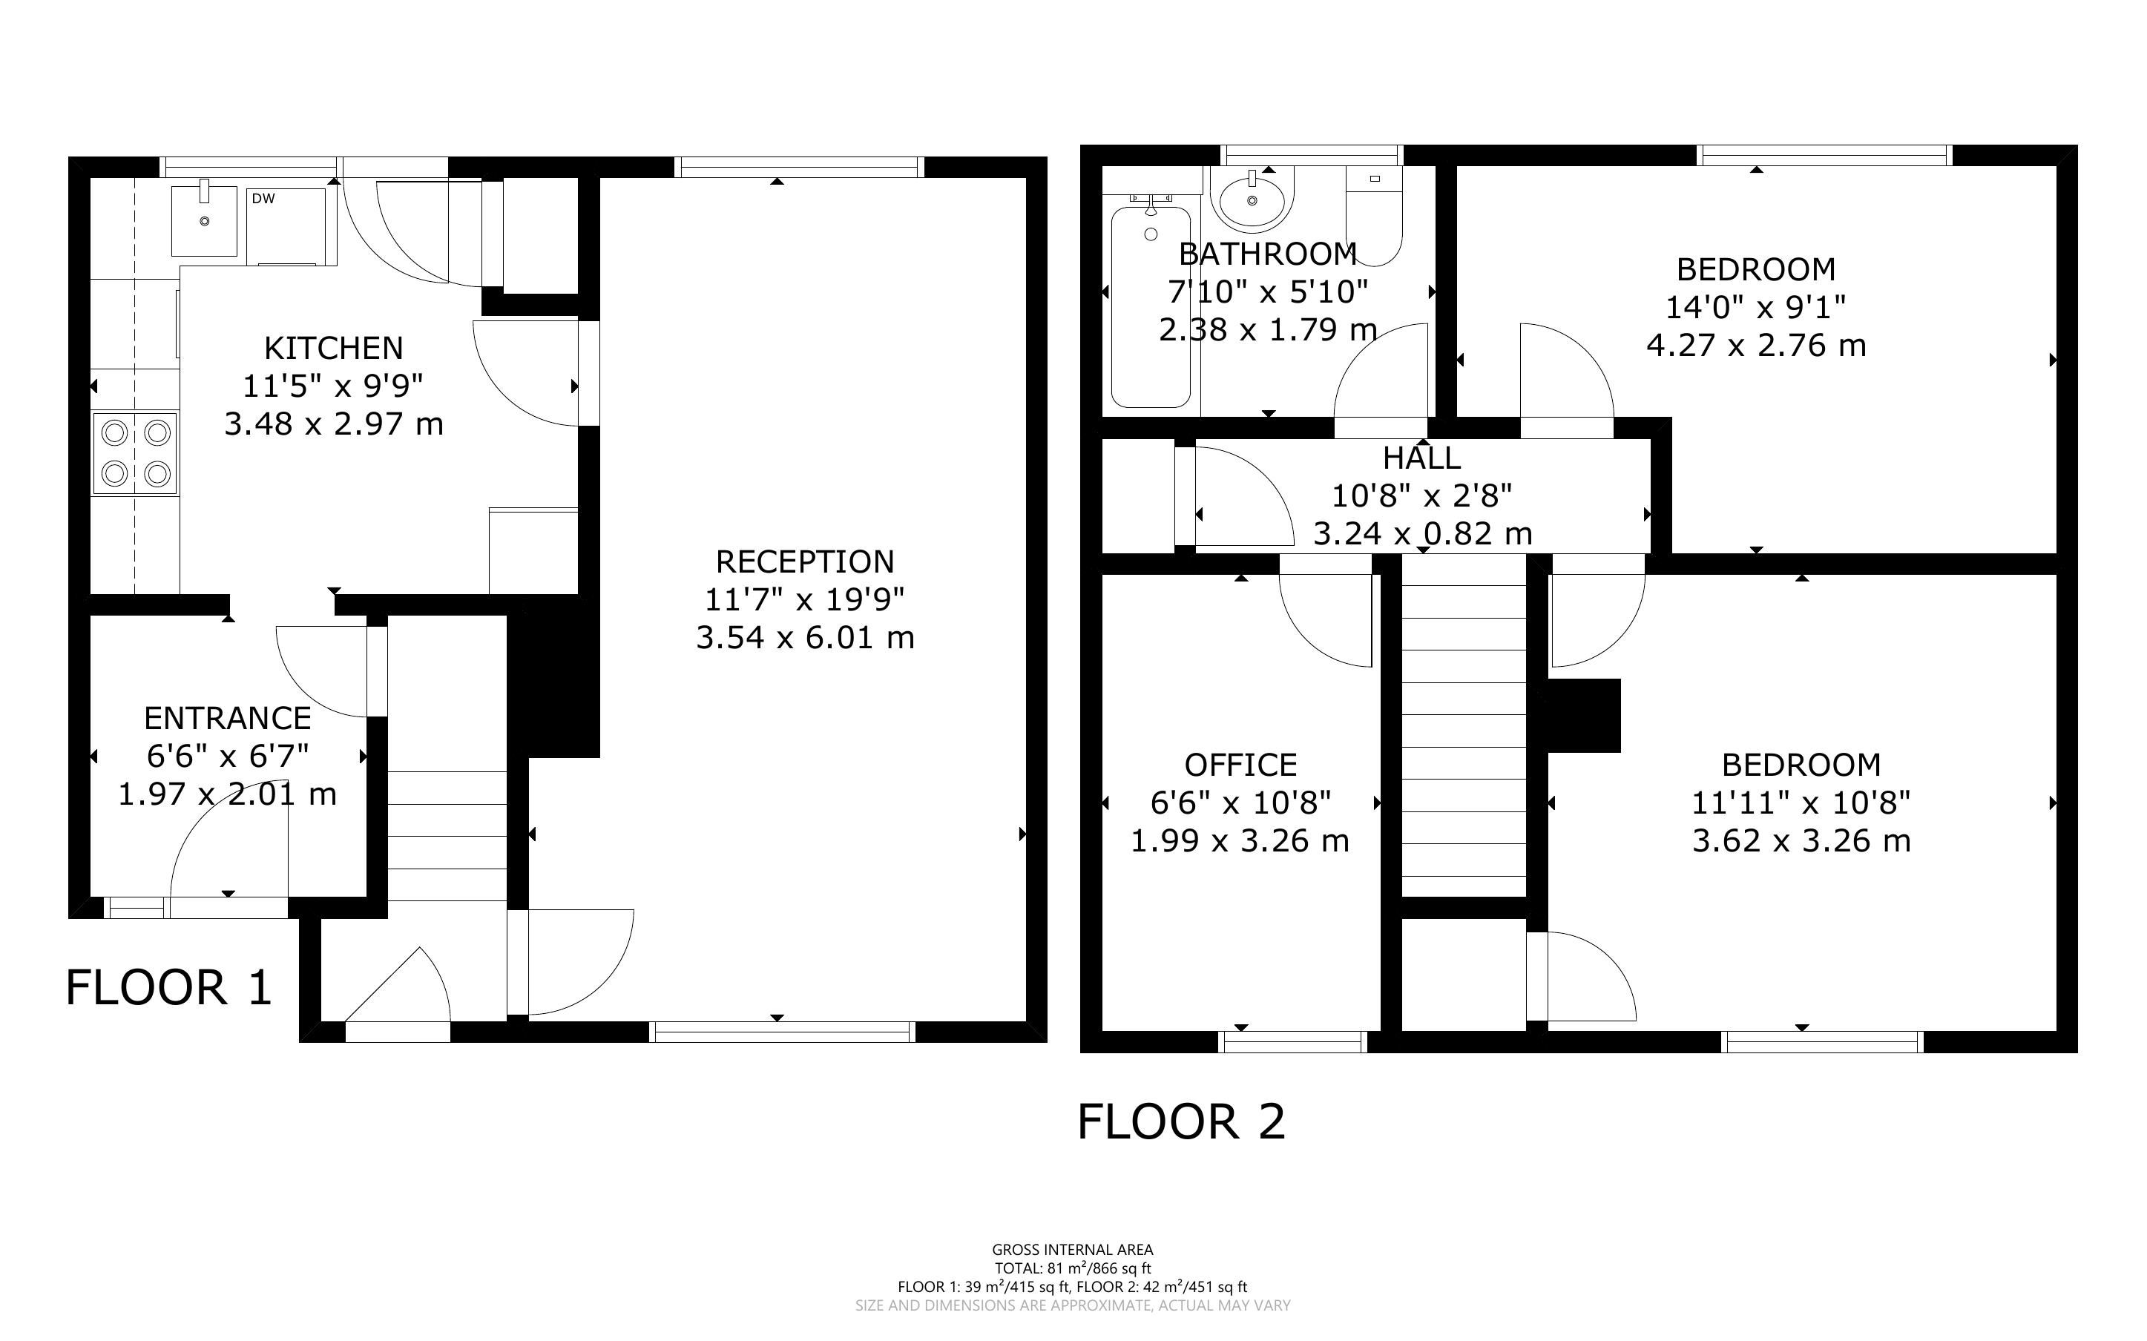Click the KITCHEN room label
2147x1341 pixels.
333,348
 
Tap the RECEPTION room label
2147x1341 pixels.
805,561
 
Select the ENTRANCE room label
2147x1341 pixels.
228,717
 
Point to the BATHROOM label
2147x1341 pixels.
1268,254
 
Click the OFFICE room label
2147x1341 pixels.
1240,765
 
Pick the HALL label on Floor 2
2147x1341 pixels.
1421,458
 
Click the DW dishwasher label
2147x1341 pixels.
263,199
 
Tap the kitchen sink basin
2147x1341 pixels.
205,218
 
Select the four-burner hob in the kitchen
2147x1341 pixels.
136,453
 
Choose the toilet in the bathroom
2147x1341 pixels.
1374,216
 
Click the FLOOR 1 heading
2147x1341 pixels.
168,988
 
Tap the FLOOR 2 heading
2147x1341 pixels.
1181,1122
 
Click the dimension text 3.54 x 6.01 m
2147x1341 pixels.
805,638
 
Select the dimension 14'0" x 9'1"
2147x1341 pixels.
1756,307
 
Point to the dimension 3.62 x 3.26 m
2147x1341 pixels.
1801,840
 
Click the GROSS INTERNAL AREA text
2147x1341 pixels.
1072,1251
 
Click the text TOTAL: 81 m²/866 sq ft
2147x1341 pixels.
1072,1268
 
